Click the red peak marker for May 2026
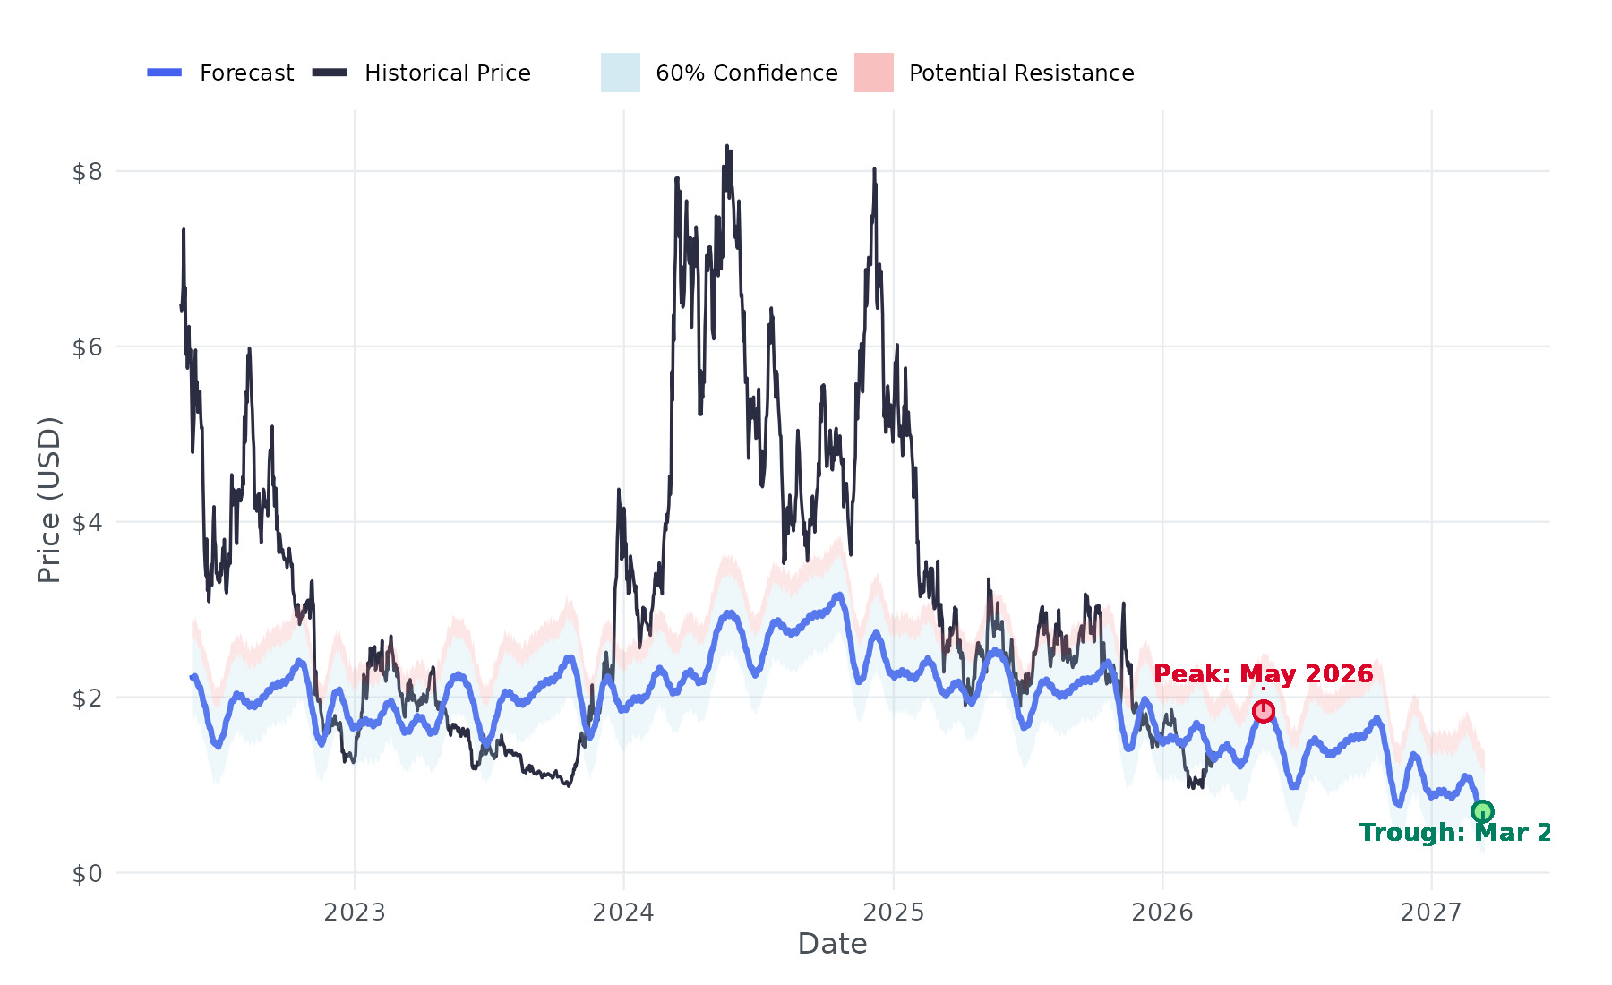click(x=1263, y=711)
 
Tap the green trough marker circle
click(x=1482, y=811)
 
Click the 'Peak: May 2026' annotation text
click(x=1263, y=674)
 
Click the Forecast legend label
click(x=246, y=73)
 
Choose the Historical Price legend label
click(x=448, y=73)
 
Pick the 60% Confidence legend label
click(x=747, y=73)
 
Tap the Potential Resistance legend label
click(x=1021, y=73)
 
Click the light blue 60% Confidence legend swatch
click(x=620, y=73)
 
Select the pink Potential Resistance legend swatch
click(x=873, y=73)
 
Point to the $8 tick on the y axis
click(x=87, y=171)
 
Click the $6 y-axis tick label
click(x=87, y=347)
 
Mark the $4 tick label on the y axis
click(x=87, y=522)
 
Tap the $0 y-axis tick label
click(x=87, y=873)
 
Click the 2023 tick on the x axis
click(x=355, y=912)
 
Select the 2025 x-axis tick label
click(x=893, y=912)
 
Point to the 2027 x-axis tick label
click(x=1431, y=912)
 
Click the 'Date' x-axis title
click(x=832, y=944)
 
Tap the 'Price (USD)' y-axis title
click(x=49, y=500)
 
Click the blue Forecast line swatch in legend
click(x=165, y=73)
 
